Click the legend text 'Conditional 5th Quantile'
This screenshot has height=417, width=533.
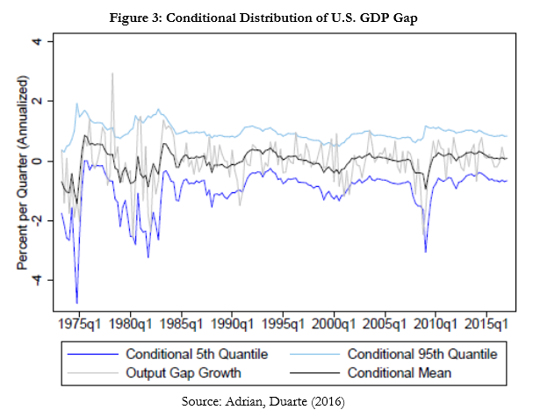[197, 355]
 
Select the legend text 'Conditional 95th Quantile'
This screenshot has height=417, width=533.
[422, 355]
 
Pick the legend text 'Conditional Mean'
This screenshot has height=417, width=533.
[400, 373]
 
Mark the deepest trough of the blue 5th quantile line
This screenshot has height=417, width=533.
[77, 303]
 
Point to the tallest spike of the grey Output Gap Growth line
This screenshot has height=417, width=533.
[112, 74]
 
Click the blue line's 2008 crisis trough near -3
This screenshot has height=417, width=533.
[426, 252]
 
